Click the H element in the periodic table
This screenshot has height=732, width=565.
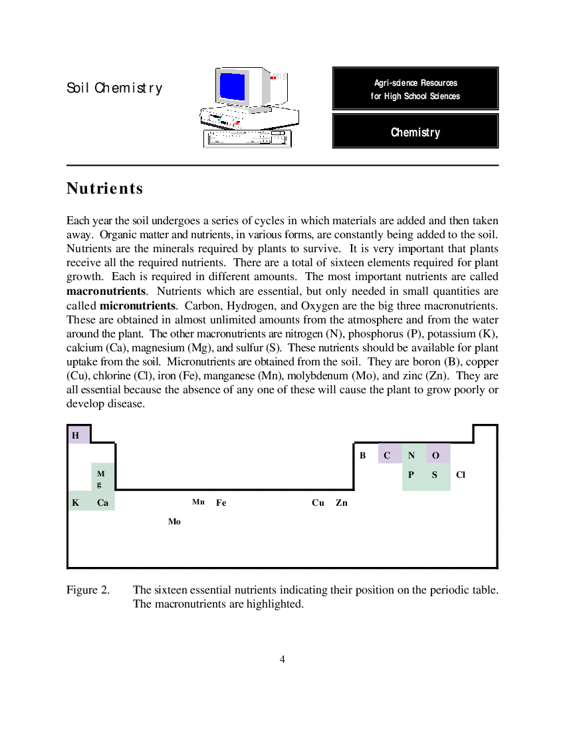click(x=76, y=436)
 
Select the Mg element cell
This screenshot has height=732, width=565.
click(x=103, y=476)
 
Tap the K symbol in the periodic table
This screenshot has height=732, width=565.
click(x=76, y=503)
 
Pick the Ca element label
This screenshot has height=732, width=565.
click(x=102, y=503)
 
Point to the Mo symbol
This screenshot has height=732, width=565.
click(x=174, y=522)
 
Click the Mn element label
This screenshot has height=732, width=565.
click(x=198, y=502)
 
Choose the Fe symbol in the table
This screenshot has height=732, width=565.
click(x=221, y=503)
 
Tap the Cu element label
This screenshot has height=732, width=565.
click(x=318, y=503)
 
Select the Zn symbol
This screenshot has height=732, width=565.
click(x=342, y=503)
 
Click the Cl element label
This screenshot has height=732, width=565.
click(x=461, y=474)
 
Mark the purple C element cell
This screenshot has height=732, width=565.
click(x=390, y=453)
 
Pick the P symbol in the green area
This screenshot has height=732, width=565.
click(x=411, y=474)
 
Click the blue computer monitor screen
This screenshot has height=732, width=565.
click(x=233, y=87)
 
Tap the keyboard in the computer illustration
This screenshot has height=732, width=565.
click(x=247, y=138)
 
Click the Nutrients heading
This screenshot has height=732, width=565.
click(x=105, y=188)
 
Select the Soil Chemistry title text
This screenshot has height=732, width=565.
click(x=115, y=88)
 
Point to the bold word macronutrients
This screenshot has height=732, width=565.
click(x=106, y=291)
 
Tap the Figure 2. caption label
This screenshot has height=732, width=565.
click(x=88, y=590)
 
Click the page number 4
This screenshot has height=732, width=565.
click(x=282, y=659)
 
